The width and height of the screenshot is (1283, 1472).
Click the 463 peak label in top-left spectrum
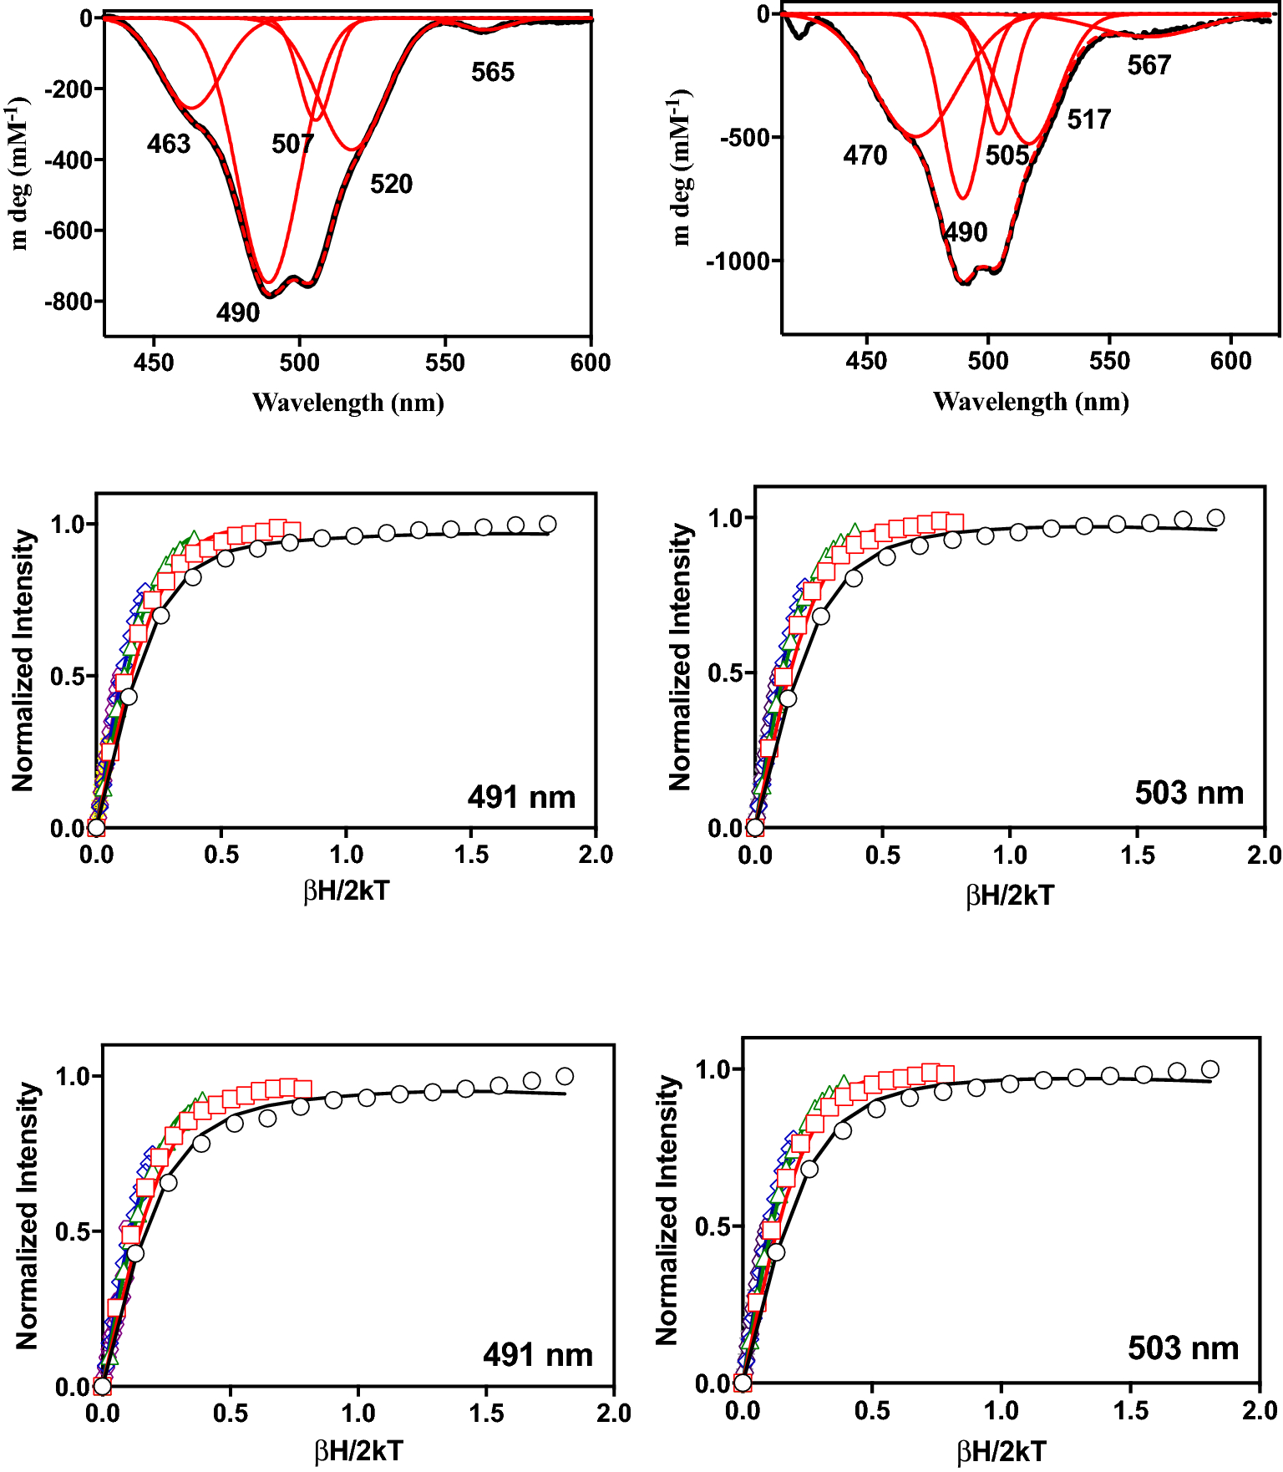pyautogui.click(x=169, y=144)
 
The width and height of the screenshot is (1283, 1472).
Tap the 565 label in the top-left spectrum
pyautogui.click(x=493, y=72)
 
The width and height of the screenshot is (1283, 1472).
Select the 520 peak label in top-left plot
pyautogui.click(x=391, y=184)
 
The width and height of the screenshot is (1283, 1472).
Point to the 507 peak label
pyautogui.click(x=292, y=144)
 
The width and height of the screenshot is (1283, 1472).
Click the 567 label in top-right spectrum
pyautogui.click(x=1149, y=65)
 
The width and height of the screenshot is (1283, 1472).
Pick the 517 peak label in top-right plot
pyautogui.click(x=1088, y=119)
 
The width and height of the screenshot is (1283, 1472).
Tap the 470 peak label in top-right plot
pyautogui.click(x=865, y=155)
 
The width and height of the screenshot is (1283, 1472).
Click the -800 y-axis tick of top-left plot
pyautogui.click(x=70, y=302)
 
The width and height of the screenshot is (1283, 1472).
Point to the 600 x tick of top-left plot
pyautogui.click(x=591, y=363)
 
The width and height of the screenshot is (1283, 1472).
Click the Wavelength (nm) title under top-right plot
pyautogui.click(x=1031, y=402)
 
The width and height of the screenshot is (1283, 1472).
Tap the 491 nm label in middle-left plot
pyautogui.click(x=521, y=797)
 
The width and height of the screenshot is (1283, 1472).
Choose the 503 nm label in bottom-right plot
pyautogui.click(x=1183, y=1348)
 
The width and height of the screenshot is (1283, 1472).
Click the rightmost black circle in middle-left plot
pyautogui.click(x=548, y=524)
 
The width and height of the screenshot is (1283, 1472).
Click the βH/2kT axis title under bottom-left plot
pyautogui.click(x=358, y=1451)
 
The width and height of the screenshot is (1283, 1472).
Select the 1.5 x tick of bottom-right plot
pyautogui.click(x=1131, y=1411)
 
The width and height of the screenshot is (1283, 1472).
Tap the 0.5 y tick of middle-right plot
pyautogui.click(x=725, y=673)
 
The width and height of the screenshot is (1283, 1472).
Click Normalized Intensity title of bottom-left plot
pyautogui.click(x=28, y=1216)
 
